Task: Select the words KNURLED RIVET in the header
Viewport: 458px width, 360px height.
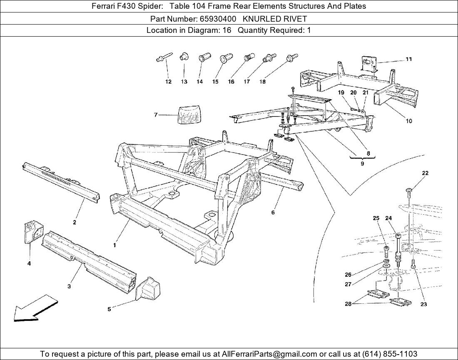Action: (x=275, y=18)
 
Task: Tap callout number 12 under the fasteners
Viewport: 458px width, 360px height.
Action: (x=168, y=82)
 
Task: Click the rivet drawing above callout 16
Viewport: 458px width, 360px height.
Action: (x=249, y=57)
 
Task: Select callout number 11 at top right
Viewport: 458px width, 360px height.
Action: (x=408, y=59)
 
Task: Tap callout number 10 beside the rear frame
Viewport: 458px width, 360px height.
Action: (x=408, y=121)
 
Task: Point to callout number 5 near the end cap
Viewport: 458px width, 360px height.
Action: (x=109, y=309)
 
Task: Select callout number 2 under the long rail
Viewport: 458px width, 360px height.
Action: (x=75, y=222)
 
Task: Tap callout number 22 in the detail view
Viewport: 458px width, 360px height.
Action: (x=425, y=173)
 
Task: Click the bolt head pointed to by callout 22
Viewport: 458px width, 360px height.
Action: (x=408, y=191)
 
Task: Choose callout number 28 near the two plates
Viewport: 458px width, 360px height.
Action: (x=348, y=304)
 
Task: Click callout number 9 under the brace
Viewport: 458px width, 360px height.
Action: (x=362, y=164)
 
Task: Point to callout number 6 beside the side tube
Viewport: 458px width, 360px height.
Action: (x=273, y=212)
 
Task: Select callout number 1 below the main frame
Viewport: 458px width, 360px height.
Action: (x=114, y=245)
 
